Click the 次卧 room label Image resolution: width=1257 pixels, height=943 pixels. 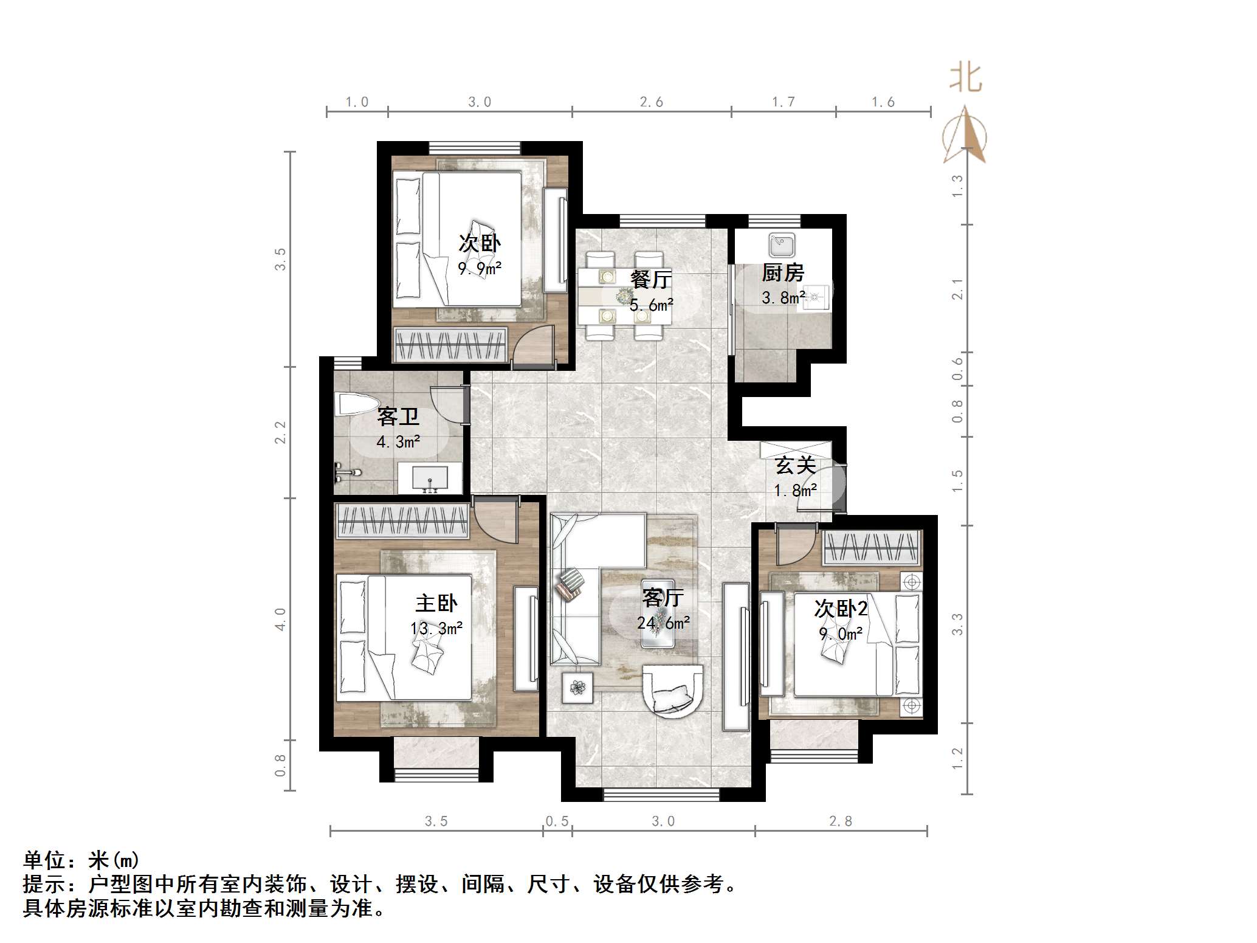pyautogui.click(x=480, y=244)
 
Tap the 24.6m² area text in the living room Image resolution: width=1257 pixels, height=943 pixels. pyautogui.click(x=663, y=623)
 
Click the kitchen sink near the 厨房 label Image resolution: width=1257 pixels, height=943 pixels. pyautogui.click(x=781, y=246)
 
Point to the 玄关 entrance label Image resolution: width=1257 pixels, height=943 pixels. pyautogui.click(x=795, y=466)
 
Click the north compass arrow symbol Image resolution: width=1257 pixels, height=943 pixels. pyautogui.click(x=965, y=136)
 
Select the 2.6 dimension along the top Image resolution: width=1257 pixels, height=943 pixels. pyautogui.click(x=652, y=102)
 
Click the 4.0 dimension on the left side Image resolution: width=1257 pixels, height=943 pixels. pyautogui.click(x=280, y=618)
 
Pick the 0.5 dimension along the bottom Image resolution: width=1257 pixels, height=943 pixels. pyautogui.click(x=557, y=822)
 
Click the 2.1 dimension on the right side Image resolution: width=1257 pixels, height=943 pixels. pyautogui.click(x=958, y=289)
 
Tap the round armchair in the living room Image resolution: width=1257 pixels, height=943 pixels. pyautogui.click(x=673, y=691)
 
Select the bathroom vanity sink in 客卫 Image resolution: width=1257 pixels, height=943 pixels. pyautogui.click(x=430, y=477)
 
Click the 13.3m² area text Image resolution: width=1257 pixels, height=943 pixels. pyautogui.click(x=436, y=629)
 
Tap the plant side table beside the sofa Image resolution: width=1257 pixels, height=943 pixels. pyautogui.click(x=576, y=688)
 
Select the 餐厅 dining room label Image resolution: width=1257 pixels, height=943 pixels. pyautogui.click(x=651, y=280)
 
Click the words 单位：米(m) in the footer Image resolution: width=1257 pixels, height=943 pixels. pyautogui.click(x=81, y=860)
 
